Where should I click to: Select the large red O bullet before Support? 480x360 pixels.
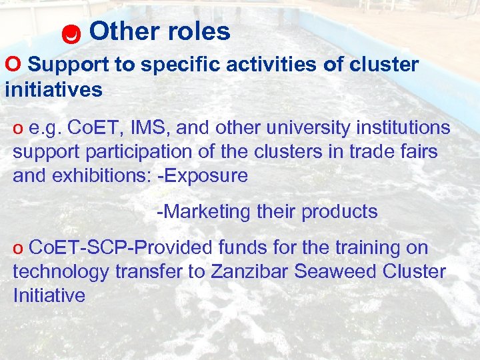(x=13, y=64)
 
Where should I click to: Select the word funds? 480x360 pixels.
(x=243, y=247)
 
